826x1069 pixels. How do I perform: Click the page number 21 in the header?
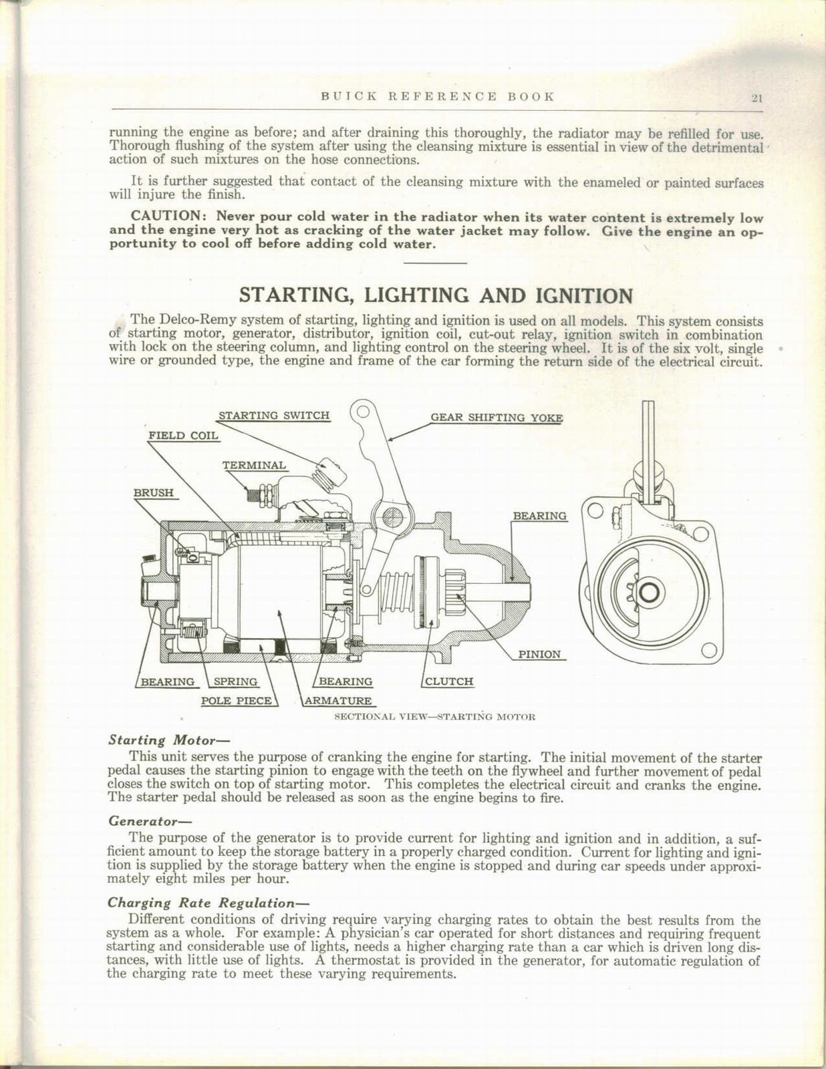click(x=756, y=98)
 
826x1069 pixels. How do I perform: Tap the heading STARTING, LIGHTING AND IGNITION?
click(x=436, y=295)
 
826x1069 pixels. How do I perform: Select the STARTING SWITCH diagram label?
click(x=274, y=415)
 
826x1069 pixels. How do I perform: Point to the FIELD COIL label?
click(x=183, y=436)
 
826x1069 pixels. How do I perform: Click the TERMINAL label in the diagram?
click(x=254, y=465)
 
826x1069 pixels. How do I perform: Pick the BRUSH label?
click(x=154, y=492)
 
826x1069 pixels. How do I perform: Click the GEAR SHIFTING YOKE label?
click(x=497, y=418)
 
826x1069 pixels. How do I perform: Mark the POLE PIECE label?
click(x=237, y=701)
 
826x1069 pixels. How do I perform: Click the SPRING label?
click(x=235, y=681)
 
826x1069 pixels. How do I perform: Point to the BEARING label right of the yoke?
click(x=539, y=516)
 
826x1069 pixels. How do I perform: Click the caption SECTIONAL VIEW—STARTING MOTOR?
click(x=434, y=717)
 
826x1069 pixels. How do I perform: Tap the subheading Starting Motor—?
click(x=159, y=740)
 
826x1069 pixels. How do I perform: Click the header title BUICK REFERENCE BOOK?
click(x=438, y=96)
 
